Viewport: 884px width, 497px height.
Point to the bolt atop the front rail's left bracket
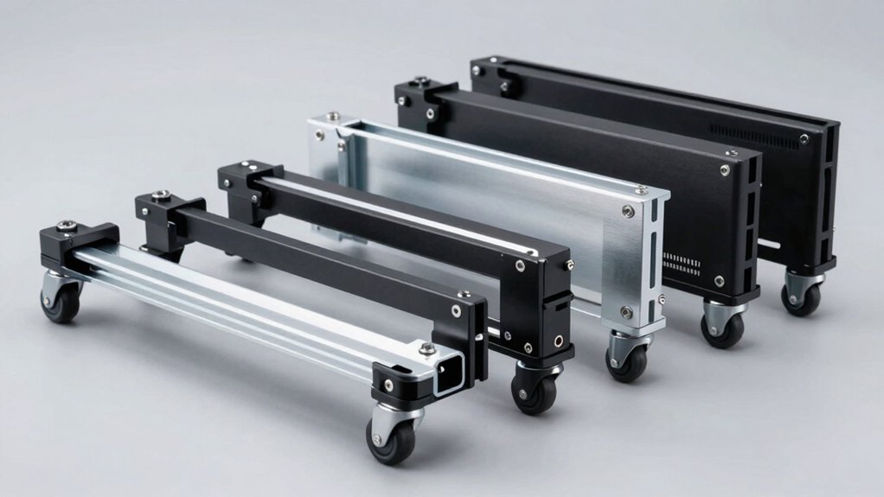click(x=67, y=226)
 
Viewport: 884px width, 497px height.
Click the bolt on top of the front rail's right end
click(x=426, y=348)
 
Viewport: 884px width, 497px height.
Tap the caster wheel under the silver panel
click(x=625, y=363)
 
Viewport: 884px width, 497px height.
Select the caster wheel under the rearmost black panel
click(x=803, y=297)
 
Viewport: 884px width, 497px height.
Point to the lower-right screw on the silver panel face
click(x=625, y=312)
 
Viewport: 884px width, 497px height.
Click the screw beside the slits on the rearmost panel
click(x=804, y=138)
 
